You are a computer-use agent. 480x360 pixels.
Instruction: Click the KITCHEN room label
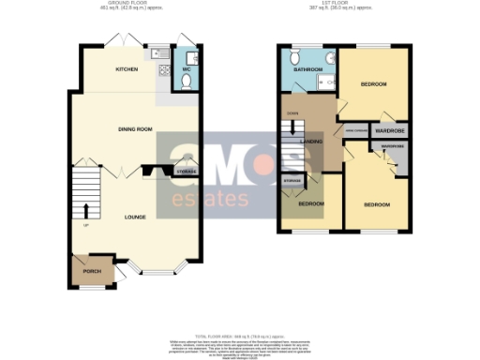tap(127, 70)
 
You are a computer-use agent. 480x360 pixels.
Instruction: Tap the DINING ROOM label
tap(136, 128)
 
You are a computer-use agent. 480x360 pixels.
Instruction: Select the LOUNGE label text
tap(137, 217)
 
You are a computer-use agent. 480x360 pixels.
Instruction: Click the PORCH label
tap(92, 272)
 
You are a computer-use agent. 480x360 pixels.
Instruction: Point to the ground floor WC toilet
tap(185, 82)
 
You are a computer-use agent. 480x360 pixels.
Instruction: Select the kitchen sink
tap(162, 53)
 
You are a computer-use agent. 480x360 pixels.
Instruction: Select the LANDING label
tap(312, 142)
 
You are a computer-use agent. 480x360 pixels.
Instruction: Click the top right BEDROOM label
tap(373, 83)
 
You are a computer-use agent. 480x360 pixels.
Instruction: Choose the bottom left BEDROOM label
tap(311, 203)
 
